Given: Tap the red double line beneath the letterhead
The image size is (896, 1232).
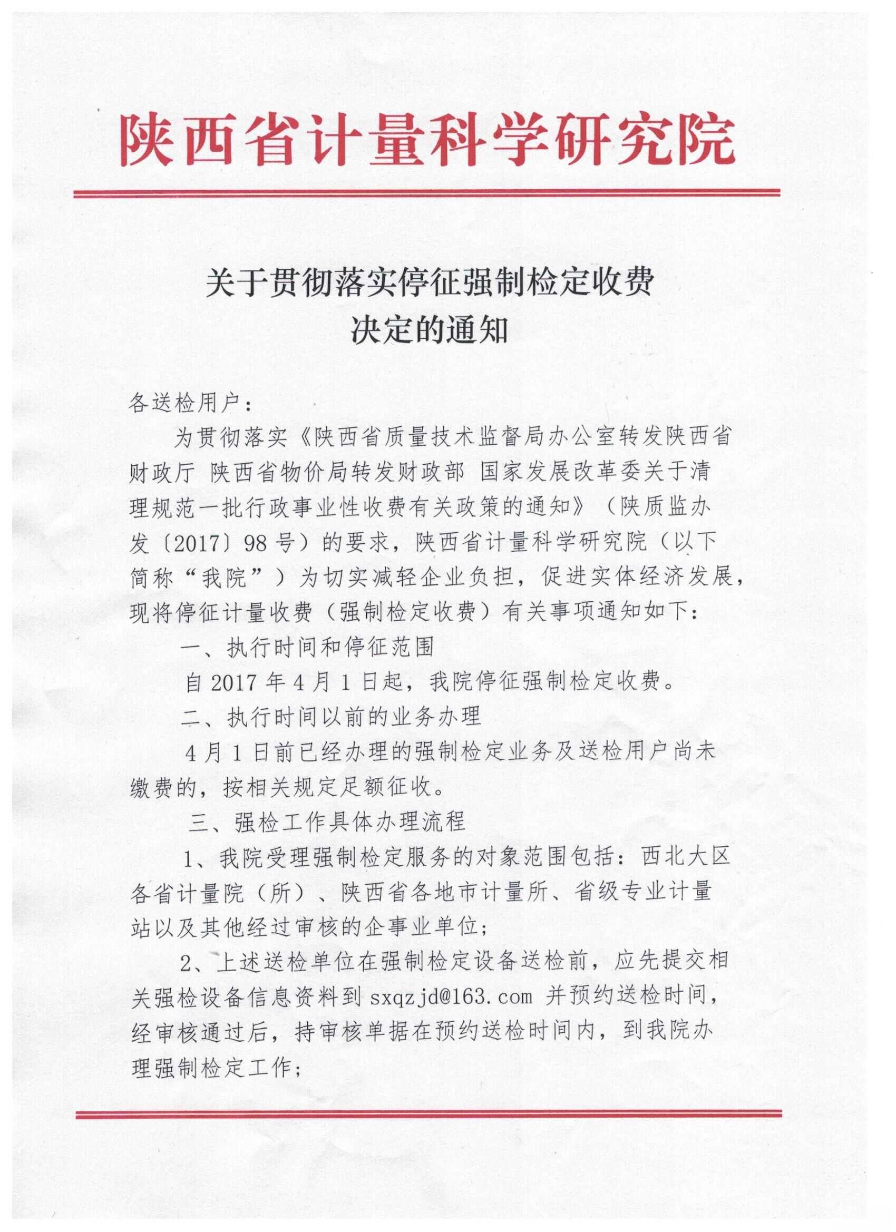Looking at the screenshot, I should click(x=427, y=193).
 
